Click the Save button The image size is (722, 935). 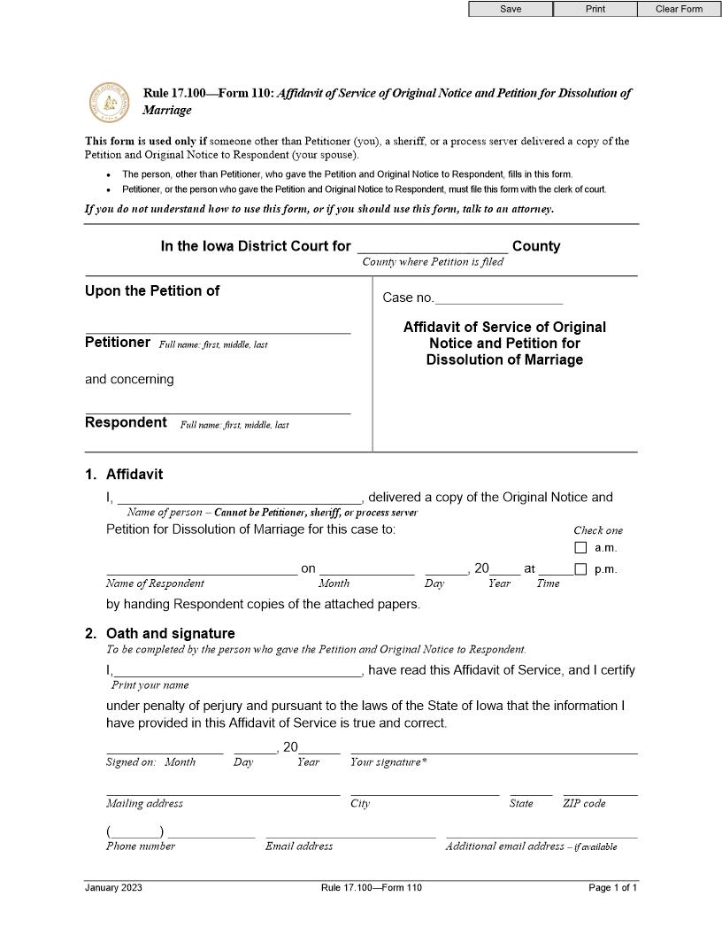click(511, 9)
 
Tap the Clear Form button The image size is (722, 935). click(679, 9)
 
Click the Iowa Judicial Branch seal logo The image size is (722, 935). click(111, 103)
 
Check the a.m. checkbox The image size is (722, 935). click(580, 548)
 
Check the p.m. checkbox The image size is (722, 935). click(580, 569)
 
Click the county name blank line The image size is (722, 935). click(433, 247)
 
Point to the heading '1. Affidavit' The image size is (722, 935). click(125, 475)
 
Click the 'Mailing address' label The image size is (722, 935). click(144, 804)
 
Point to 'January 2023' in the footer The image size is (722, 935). click(113, 888)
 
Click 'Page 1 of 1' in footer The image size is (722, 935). click(612, 888)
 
